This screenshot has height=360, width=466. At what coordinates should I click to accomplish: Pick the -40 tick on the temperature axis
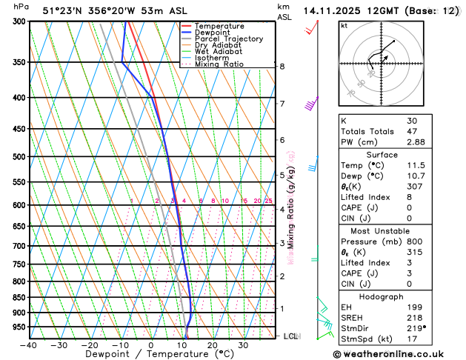(x=28, y=345)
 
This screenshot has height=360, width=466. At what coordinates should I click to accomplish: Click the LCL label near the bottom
(x=292, y=336)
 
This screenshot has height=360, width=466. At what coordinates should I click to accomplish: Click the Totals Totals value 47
(x=411, y=131)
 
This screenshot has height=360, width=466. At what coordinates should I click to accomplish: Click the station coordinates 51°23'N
(x=64, y=10)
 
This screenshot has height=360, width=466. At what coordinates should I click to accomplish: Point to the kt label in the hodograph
(x=344, y=26)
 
